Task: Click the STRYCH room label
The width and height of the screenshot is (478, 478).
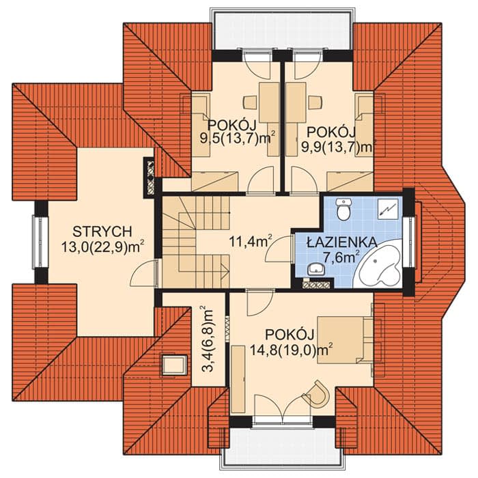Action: click(x=102, y=231)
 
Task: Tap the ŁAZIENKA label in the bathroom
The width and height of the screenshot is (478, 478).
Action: click(x=341, y=242)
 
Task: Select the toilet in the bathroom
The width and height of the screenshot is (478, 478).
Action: click(x=344, y=209)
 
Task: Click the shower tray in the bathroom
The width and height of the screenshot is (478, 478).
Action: click(x=388, y=209)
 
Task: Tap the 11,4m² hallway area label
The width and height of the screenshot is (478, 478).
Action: click(x=251, y=242)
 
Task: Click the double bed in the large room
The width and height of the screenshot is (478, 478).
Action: click(x=345, y=340)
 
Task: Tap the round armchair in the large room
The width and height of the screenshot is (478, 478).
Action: click(x=317, y=393)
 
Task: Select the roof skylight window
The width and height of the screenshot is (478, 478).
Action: click(x=174, y=365)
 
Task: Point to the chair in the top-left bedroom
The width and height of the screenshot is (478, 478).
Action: click(x=251, y=102)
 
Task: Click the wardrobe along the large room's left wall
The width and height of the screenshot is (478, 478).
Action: click(x=238, y=380)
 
